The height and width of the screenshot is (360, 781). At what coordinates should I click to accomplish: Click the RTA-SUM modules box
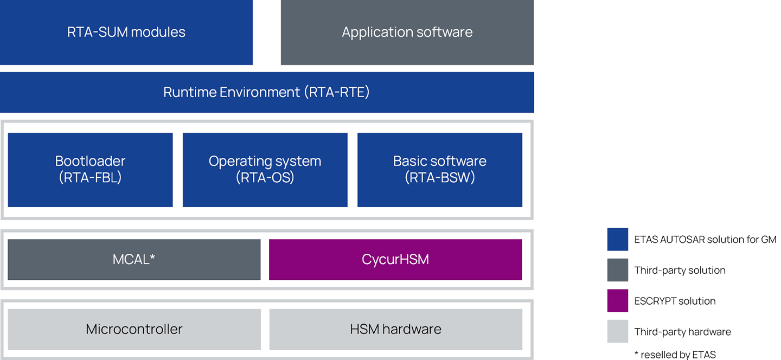click(126, 32)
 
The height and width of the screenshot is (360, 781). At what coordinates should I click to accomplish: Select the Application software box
click(407, 32)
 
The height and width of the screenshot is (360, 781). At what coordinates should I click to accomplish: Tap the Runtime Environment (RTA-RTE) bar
click(267, 92)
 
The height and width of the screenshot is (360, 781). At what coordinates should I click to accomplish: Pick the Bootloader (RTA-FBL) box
click(90, 170)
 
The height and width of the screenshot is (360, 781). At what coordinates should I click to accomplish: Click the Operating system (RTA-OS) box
click(265, 170)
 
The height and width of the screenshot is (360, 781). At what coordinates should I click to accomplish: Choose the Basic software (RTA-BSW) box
click(440, 170)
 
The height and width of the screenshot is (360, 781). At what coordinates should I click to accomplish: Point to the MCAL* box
click(135, 259)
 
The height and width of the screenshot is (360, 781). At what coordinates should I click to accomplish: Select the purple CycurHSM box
click(395, 259)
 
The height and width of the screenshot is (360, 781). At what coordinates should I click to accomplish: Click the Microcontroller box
click(135, 329)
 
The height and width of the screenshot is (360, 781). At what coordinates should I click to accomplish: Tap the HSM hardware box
click(396, 329)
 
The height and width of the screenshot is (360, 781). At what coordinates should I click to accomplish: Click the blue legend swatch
click(617, 240)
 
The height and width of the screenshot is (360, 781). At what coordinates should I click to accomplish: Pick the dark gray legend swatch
click(617, 270)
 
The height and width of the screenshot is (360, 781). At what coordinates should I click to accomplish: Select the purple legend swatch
click(617, 300)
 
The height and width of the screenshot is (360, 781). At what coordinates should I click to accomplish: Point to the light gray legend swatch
click(617, 331)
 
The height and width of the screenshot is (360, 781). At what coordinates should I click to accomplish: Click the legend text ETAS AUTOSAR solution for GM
click(705, 240)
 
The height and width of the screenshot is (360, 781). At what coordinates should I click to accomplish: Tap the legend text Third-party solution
click(680, 271)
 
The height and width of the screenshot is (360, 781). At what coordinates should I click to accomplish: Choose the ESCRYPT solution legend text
click(675, 301)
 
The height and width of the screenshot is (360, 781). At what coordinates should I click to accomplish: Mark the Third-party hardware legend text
click(682, 332)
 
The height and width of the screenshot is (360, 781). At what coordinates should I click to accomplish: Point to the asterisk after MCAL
click(152, 257)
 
